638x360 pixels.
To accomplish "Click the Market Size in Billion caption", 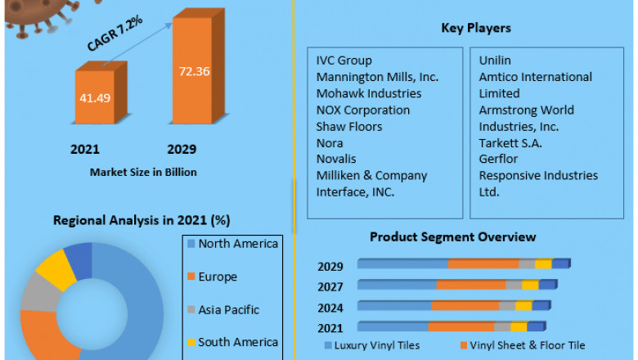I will point(144,172).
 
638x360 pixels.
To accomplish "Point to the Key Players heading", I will point(476,28).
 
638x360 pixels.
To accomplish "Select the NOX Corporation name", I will point(363,110).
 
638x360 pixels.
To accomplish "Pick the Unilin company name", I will point(496,61).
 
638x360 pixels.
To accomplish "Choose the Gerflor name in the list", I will point(499,159).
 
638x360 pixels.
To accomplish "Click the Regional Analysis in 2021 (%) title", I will point(142,220).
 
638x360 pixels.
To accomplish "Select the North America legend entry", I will point(237,244).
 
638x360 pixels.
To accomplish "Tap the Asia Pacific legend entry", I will point(228,310).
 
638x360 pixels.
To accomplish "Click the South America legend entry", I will point(237,342).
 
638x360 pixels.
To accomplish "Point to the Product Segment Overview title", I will point(453,237).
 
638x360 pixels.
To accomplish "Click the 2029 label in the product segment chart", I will point(331,266).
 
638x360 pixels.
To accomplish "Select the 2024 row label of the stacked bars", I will point(331,308).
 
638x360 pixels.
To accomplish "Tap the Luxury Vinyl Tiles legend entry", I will point(377,345).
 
